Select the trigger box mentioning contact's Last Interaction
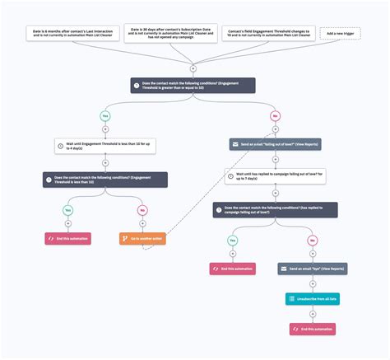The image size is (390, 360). pos(60,33)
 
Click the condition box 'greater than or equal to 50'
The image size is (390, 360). pos(193,85)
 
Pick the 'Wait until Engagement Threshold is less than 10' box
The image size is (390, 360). pos(104,145)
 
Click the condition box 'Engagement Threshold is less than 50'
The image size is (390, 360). pos(104,179)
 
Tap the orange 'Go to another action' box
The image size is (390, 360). pos(142,239)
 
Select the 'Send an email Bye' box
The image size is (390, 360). pos(312,269)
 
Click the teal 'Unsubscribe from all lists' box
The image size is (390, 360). pos(312,299)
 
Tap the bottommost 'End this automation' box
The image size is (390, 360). pos(312,329)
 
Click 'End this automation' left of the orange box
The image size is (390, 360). pos(67,239)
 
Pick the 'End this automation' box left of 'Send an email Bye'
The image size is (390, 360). pos(232,269)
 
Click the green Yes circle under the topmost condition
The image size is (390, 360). pos(104,115)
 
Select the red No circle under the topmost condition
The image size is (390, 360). pos(276,115)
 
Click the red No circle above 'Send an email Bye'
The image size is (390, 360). pos(312,240)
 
